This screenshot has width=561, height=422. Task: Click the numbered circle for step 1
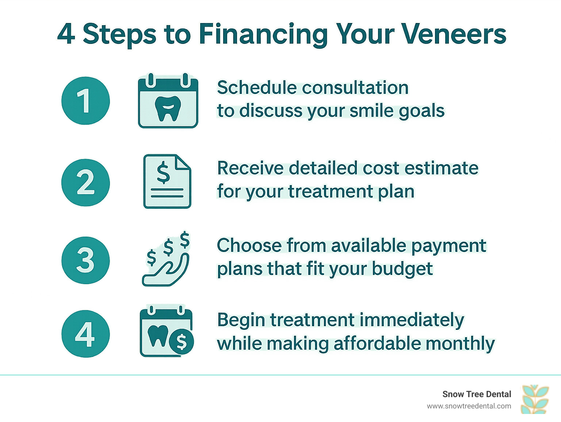tap(85, 101)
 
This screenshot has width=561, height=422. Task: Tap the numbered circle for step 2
tap(85, 182)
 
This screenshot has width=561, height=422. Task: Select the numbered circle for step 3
tap(85, 260)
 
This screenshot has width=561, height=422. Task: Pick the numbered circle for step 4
tap(85, 334)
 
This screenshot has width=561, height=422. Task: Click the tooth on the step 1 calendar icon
tap(168, 108)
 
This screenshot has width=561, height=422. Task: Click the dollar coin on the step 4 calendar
tap(182, 342)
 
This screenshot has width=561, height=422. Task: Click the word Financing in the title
tap(263, 34)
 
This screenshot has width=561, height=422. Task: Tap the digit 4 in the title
tap(66, 34)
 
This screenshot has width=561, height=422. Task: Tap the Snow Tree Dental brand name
tap(477, 394)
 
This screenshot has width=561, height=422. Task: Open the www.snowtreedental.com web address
tap(469, 406)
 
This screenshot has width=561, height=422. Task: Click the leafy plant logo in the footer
tap(535, 399)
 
